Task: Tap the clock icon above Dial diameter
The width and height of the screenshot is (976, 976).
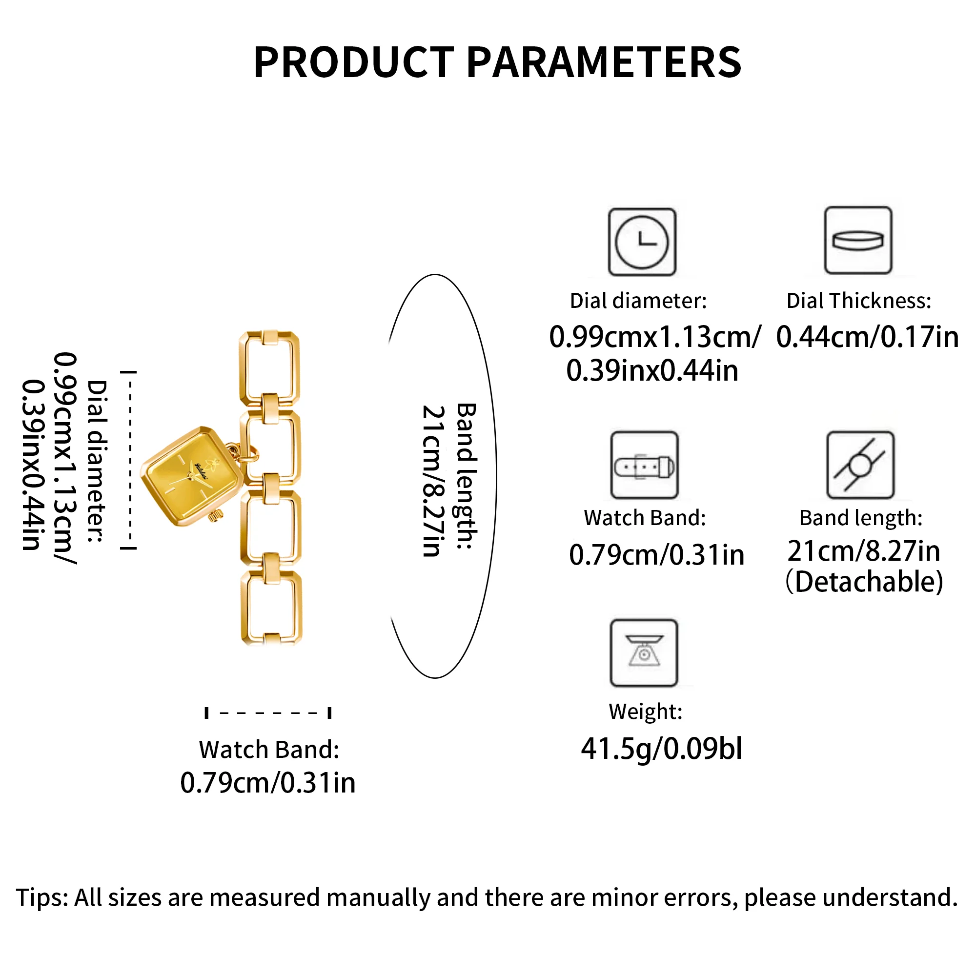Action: coord(642,242)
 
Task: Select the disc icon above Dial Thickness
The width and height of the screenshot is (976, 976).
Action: coord(858,241)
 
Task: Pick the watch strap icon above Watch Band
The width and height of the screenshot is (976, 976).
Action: coord(644,465)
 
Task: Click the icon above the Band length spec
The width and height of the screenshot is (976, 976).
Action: coord(860,465)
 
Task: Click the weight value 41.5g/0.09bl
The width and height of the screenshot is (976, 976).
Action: coord(661,749)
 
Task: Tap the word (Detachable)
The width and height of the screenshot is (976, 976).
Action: coord(864,582)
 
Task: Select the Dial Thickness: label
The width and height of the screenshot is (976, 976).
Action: coord(859,301)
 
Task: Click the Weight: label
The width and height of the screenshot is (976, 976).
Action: coord(646,712)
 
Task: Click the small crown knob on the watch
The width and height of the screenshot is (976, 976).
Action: coord(216,516)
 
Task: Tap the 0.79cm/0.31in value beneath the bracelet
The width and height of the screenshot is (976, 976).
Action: coord(268,783)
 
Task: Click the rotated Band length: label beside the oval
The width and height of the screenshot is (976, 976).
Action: coord(466,476)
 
